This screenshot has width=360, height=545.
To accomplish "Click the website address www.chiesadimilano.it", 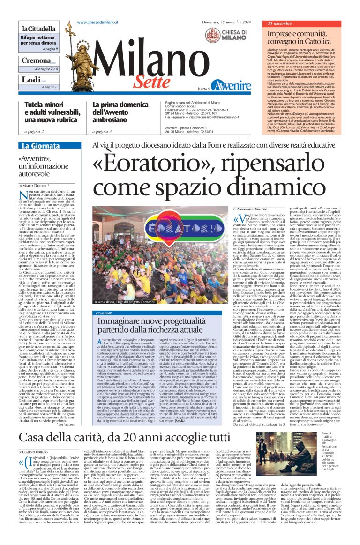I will [97, 22].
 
